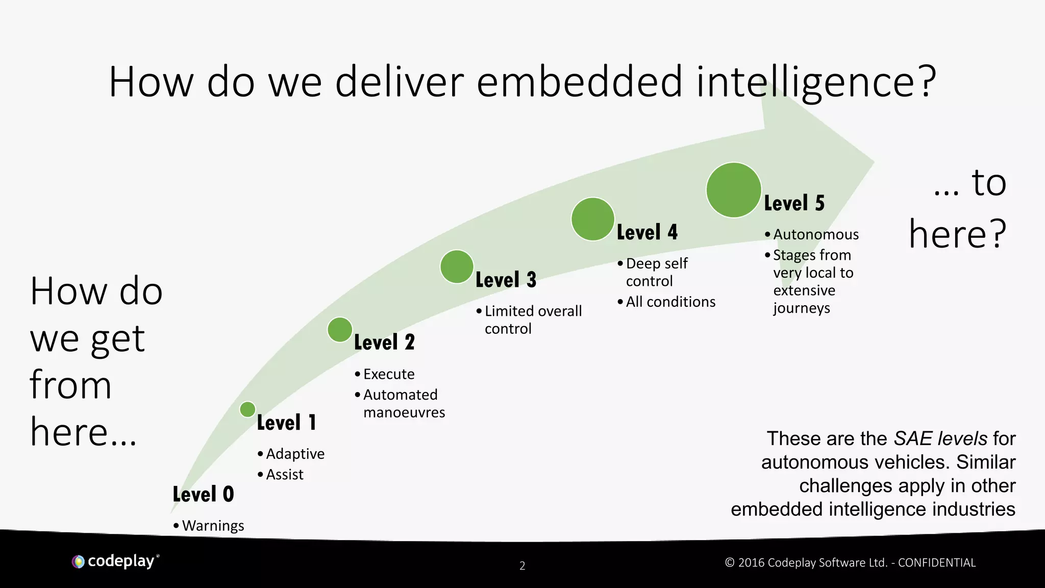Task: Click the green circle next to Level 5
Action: click(734, 190)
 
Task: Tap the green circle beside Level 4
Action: click(592, 219)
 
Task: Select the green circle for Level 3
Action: click(457, 266)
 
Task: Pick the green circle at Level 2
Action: click(340, 329)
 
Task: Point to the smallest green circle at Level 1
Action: click(247, 409)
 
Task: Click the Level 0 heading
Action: click(203, 494)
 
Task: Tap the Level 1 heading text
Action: click(286, 423)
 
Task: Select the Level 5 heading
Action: click(794, 203)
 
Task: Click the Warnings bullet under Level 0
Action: click(213, 525)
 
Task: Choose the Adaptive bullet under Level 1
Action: click(295, 454)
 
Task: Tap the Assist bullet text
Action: click(285, 475)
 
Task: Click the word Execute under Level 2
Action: click(389, 374)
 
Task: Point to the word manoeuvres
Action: click(404, 412)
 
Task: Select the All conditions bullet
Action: click(670, 302)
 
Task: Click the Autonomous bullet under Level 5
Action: click(816, 234)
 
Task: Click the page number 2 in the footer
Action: click(522, 566)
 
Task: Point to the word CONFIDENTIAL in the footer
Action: click(936, 562)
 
